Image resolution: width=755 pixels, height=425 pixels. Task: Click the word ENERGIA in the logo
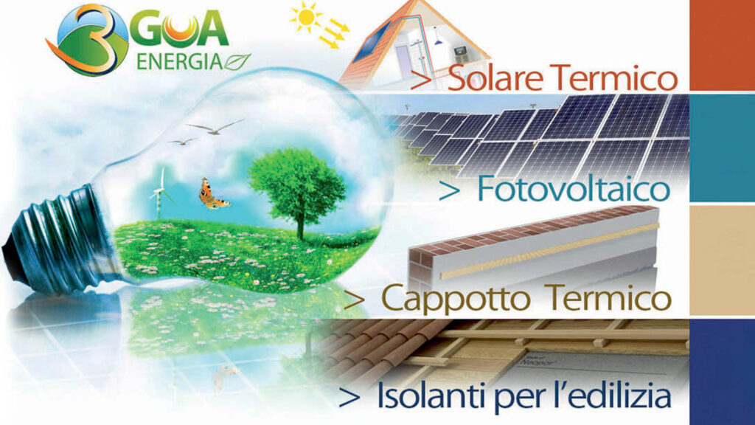coord(179,61)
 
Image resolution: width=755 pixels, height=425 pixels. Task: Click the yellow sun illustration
coord(306,18)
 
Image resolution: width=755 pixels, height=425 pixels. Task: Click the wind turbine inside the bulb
coord(161,193)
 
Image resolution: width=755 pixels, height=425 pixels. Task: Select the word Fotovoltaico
coord(574,189)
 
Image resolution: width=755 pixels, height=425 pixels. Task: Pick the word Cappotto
coord(456,300)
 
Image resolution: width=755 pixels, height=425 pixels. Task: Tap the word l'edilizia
coord(610,396)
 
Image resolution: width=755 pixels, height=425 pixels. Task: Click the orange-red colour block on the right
coord(723,45)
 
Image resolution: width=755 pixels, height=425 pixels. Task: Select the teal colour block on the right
coord(723,148)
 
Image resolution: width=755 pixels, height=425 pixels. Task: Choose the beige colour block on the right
coord(723,260)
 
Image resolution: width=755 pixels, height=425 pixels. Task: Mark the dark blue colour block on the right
coord(723,372)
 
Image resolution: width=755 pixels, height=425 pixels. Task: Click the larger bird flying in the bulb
coord(215,127)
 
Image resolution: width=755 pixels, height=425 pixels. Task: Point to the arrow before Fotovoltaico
coord(450,192)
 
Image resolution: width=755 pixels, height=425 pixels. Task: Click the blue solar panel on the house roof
coord(372,42)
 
